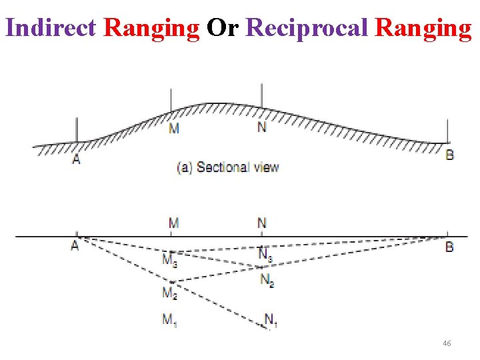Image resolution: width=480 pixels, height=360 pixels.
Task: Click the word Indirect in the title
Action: pyautogui.click(x=51, y=28)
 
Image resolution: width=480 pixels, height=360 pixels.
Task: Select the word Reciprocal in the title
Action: pyautogui.click(x=307, y=28)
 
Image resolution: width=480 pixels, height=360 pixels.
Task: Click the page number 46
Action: pyautogui.click(x=447, y=343)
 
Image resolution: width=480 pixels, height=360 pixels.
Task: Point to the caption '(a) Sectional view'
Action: pyautogui.click(x=227, y=167)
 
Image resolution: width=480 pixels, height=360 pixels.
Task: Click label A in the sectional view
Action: pyautogui.click(x=76, y=159)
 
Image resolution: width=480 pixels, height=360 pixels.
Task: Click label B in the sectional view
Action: pyautogui.click(x=450, y=155)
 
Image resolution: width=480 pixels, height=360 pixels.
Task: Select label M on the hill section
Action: pyautogui.click(x=173, y=127)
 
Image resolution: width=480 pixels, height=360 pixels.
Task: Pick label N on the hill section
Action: pyautogui.click(x=262, y=127)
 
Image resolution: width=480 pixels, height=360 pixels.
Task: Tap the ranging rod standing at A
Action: pyautogui.click(x=77, y=130)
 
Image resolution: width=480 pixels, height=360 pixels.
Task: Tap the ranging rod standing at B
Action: pyautogui.click(x=448, y=131)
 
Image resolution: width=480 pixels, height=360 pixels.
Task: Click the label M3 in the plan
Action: pyautogui.click(x=170, y=259)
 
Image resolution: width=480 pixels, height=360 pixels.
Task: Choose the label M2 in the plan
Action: pyautogui.click(x=170, y=292)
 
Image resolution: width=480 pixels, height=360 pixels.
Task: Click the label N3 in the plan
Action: pyautogui.click(x=265, y=254)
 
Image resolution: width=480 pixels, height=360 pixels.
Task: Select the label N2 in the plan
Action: pyautogui.click(x=267, y=280)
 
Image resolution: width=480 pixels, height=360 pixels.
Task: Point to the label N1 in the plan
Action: pyautogui.click(x=271, y=321)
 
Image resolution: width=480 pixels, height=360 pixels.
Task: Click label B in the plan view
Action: pyautogui.click(x=449, y=247)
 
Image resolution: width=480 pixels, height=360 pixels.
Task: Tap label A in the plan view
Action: pyautogui.click(x=75, y=245)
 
